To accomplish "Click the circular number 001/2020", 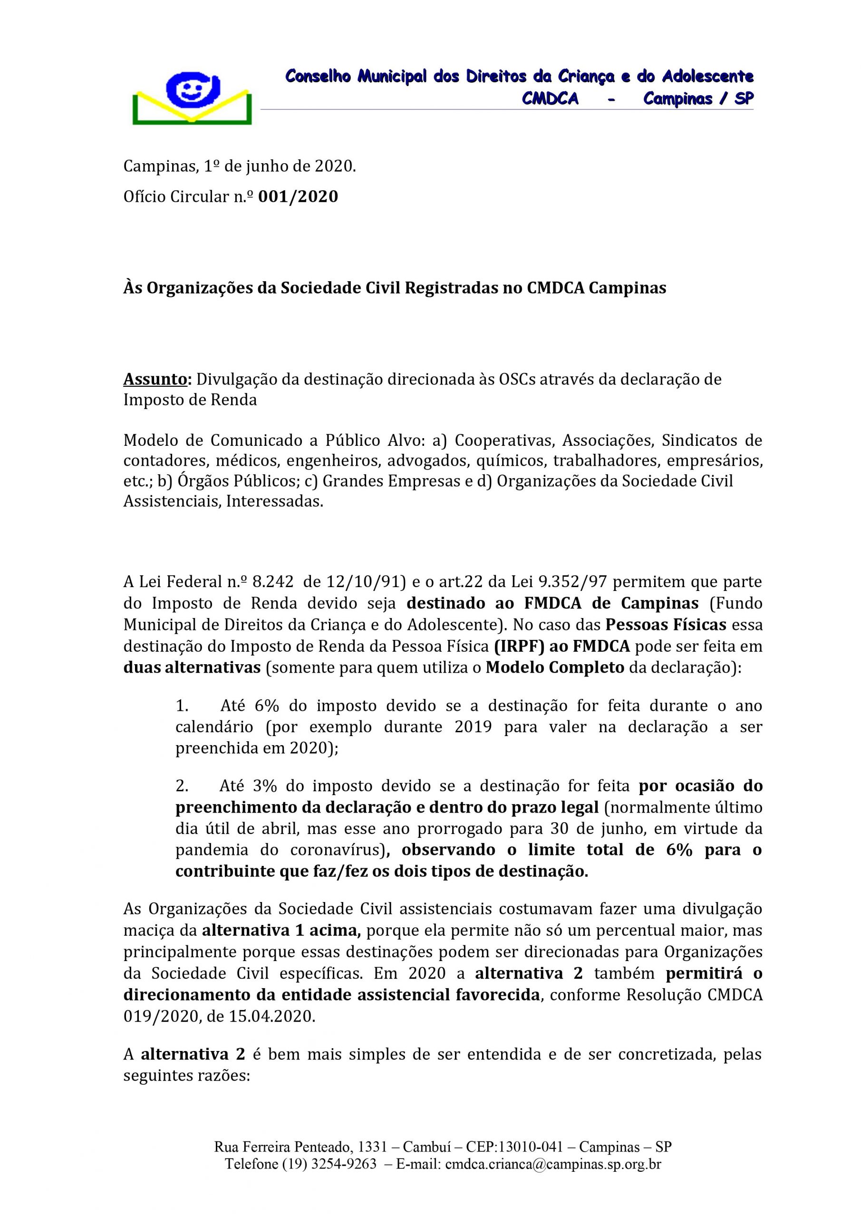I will tap(298, 197).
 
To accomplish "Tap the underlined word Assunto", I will tap(156, 379).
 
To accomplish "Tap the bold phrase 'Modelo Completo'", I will tap(554, 668).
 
